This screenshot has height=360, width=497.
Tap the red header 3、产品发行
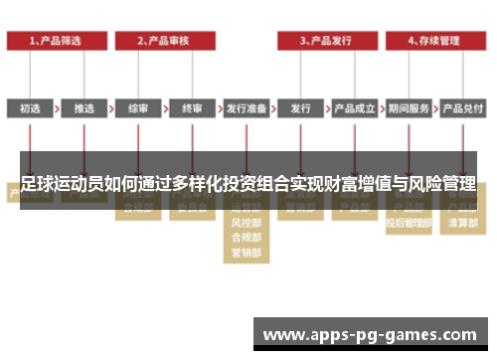pos(327,41)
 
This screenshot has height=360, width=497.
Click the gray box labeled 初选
pos(30,107)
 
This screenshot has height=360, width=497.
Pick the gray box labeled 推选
pos(83,107)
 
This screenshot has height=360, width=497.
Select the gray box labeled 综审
pos(137,107)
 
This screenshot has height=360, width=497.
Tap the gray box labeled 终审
pos(191,107)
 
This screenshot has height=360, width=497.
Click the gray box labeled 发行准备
pos(246,107)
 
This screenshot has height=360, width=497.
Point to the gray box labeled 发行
pos(300,107)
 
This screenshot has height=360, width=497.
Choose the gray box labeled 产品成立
pos(354,107)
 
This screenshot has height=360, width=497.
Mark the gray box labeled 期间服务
pos(408,107)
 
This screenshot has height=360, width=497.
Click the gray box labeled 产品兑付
pos(461,107)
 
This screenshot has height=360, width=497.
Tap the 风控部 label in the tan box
pos(246,226)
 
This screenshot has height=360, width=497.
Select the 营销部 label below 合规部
pos(246,254)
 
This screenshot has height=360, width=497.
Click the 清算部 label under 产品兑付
pos(461,226)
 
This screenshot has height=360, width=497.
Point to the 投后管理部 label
pos(408,226)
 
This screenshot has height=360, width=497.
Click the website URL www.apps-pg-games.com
pos(370,335)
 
